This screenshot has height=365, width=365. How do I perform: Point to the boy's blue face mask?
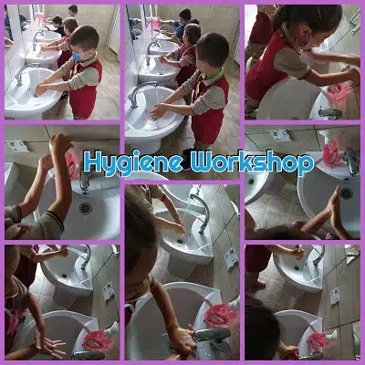(x=77, y=57)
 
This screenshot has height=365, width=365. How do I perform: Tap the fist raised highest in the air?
(x=61, y=142)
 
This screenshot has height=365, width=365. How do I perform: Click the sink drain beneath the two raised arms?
(x=85, y=208)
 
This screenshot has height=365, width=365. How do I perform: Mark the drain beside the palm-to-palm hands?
(x=346, y=193)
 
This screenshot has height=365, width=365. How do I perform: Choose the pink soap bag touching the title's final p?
(x=331, y=154)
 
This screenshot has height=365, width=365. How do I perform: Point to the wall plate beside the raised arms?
(x=19, y=146)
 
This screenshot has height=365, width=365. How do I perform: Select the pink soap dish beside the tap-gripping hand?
(x=221, y=315)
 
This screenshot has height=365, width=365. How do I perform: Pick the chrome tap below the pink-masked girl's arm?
(x=330, y=113)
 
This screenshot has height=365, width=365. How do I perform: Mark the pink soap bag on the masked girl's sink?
(x=337, y=91)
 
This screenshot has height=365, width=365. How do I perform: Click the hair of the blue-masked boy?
(x=85, y=36)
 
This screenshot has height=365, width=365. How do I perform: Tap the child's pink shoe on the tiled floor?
(x=260, y=284)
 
